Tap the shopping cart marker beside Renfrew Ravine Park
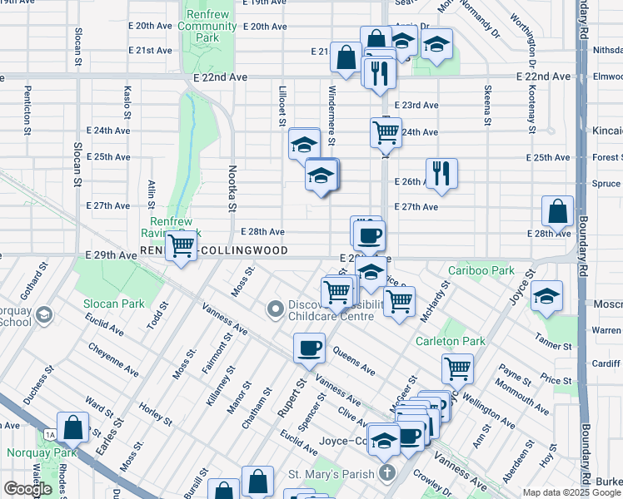pos(181,246)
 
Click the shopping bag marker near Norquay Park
pos(73,427)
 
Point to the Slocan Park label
pos(113,304)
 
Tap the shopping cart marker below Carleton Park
pos(457,368)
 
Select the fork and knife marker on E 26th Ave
pos(441,174)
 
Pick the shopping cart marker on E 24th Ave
pos(386,131)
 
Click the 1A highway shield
pos(50,434)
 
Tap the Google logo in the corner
pos(27,489)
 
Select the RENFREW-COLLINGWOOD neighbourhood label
pos(215,250)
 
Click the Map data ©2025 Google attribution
pos(571,492)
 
